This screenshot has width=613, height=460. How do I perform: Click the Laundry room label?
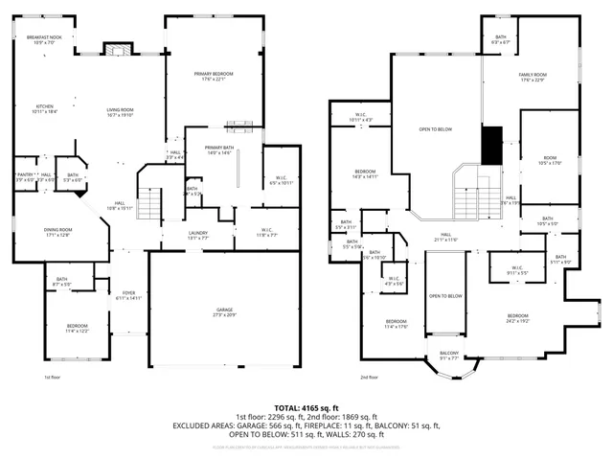coord(198,234)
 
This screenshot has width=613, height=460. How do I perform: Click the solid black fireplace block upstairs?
coord(492,147)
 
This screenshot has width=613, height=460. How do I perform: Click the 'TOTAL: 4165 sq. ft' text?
coord(306,408)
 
